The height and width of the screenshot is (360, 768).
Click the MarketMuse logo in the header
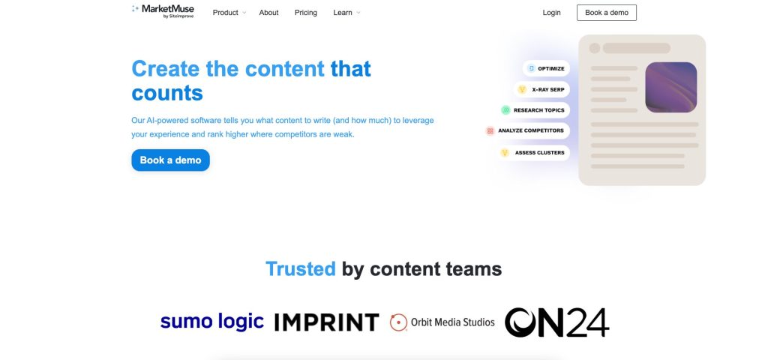click(x=163, y=11)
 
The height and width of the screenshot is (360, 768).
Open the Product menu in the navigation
click(x=229, y=13)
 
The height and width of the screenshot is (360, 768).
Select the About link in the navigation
click(x=269, y=13)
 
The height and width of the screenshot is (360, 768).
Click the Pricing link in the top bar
click(x=306, y=13)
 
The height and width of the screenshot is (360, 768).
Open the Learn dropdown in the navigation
click(x=346, y=13)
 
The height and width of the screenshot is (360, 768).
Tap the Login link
click(x=551, y=13)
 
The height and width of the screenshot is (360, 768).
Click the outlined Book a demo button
click(x=606, y=13)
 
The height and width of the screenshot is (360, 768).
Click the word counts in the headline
click(x=167, y=93)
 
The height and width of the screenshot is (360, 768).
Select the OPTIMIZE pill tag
click(x=546, y=68)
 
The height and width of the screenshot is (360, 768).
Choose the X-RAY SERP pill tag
click(x=541, y=90)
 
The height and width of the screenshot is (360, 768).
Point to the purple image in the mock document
click(x=670, y=87)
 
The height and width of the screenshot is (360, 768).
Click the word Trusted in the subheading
click(x=300, y=269)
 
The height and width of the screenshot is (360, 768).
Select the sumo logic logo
click(x=212, y=321)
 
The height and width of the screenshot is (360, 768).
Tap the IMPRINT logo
click(x=327, y=322)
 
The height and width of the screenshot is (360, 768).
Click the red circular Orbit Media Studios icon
click(x=398, y=322)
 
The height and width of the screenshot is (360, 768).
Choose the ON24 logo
click(x=557, y=322)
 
